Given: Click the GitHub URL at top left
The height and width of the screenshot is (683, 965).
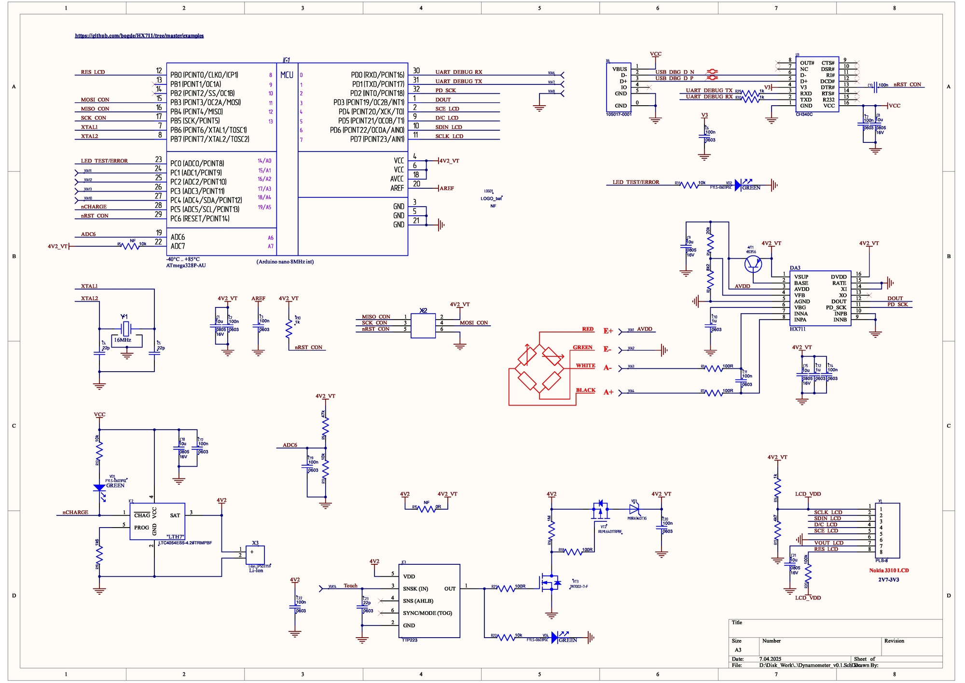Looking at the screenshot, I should (x=139, y=36).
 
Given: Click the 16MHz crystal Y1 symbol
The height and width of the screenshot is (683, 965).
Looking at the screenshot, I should (x=126, y=329).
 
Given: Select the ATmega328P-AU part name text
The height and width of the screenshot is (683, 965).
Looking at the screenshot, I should (x=186, y=265).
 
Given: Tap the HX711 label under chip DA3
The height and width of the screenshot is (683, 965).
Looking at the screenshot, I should (x=798, y=329).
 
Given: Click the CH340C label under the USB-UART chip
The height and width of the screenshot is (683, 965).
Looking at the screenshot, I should (x=804, y=114).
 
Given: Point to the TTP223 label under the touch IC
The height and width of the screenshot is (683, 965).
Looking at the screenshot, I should (x=409, y=640).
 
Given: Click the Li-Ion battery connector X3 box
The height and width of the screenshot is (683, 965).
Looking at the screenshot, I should (x=255, y=555).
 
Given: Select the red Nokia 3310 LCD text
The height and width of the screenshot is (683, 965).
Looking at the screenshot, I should (x=889, y=571).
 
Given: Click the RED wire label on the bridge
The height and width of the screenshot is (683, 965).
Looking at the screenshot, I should (x=588, y=329).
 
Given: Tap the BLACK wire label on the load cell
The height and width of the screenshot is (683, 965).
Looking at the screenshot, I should (x=585, y=390).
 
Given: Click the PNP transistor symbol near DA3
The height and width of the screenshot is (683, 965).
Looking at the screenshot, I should (x=753, y=264).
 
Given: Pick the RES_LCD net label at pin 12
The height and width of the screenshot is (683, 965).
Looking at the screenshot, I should (x=93, y=72).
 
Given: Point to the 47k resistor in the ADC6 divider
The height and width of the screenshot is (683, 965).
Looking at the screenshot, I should (x=326, y=425).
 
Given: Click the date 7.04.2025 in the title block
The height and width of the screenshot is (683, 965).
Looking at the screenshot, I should (x=770, y=659).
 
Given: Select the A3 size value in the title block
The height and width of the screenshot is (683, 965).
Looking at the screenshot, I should (x=738, y=650).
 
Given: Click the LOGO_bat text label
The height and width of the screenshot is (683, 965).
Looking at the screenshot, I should (x=491, y=198).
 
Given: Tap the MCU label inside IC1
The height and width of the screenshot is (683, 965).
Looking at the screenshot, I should (x=287, y=75).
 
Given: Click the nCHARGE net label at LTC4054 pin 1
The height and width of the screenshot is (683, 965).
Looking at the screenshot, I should (x=75, y=513).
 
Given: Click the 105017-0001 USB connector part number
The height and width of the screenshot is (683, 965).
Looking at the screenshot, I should (x=619, y=114).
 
